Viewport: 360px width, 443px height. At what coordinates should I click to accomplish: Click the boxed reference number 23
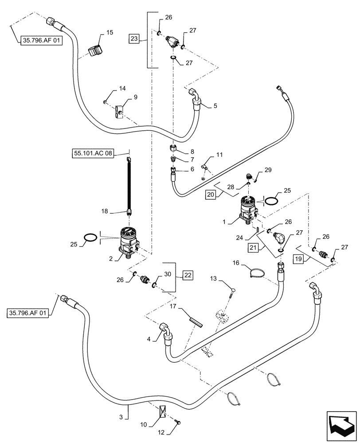tap(134, 39)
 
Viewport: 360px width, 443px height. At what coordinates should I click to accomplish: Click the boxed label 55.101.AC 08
tap(92, 154)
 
